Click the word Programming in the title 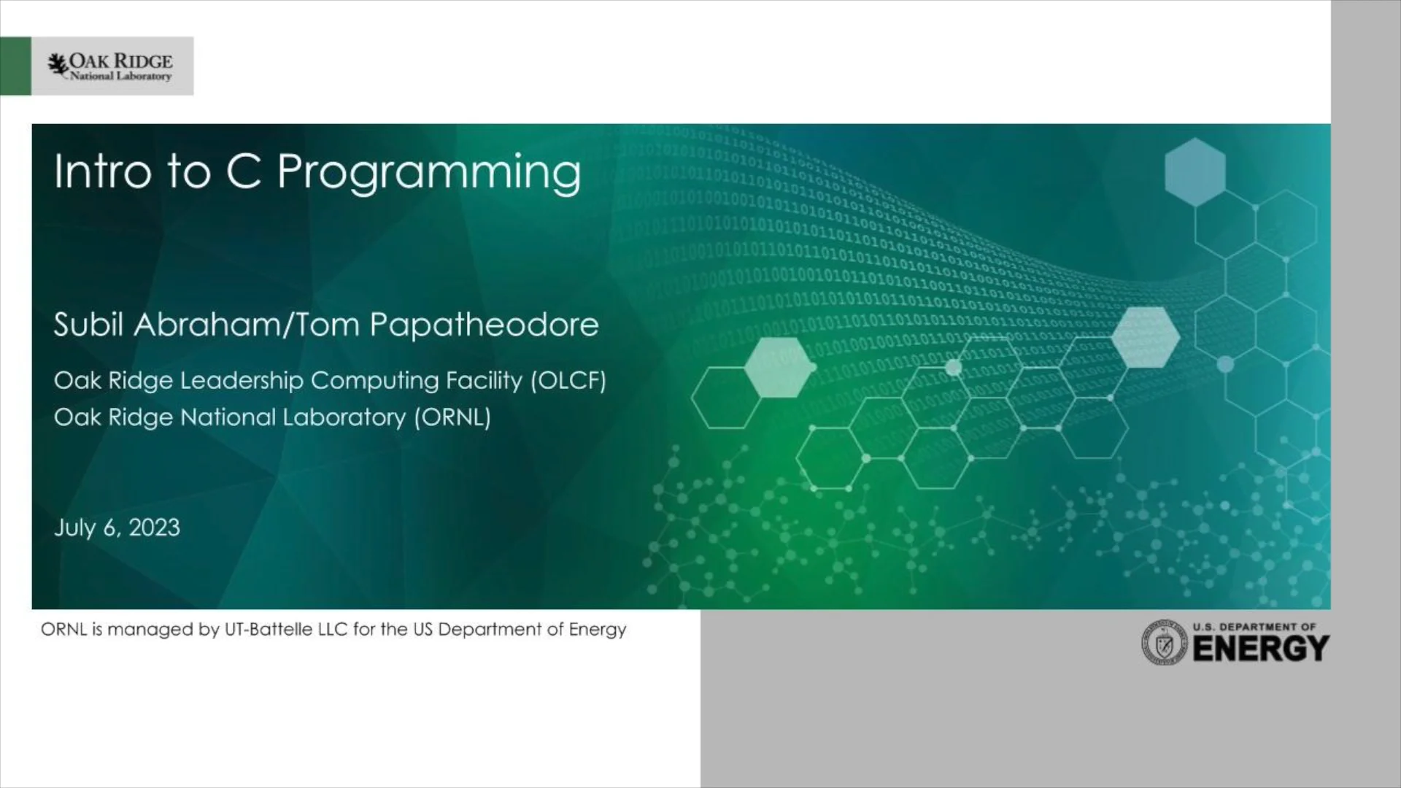(429, 174)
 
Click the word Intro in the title (101, 172)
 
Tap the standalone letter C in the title (244, 172)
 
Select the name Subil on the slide (88, 325)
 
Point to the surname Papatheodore (484, 325)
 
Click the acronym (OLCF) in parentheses (568, 381)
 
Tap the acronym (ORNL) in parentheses (452, 417)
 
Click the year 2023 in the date (154, 528)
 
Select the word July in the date (74, 528)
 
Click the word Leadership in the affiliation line (242, 381)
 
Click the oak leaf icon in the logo (58, 65)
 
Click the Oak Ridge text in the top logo (121, 61)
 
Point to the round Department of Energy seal (1165, 643)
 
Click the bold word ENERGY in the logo (1261, 649)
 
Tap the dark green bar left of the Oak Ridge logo (15, 66)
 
